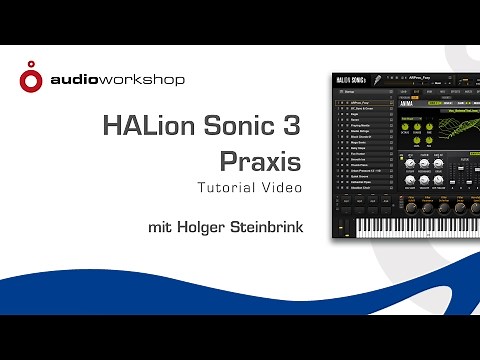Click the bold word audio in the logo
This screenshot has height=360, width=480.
[x=73, y=78]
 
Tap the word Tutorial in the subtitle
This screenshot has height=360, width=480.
[x=229, y=187]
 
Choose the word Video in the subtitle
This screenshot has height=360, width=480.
[x=282, y=187]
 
